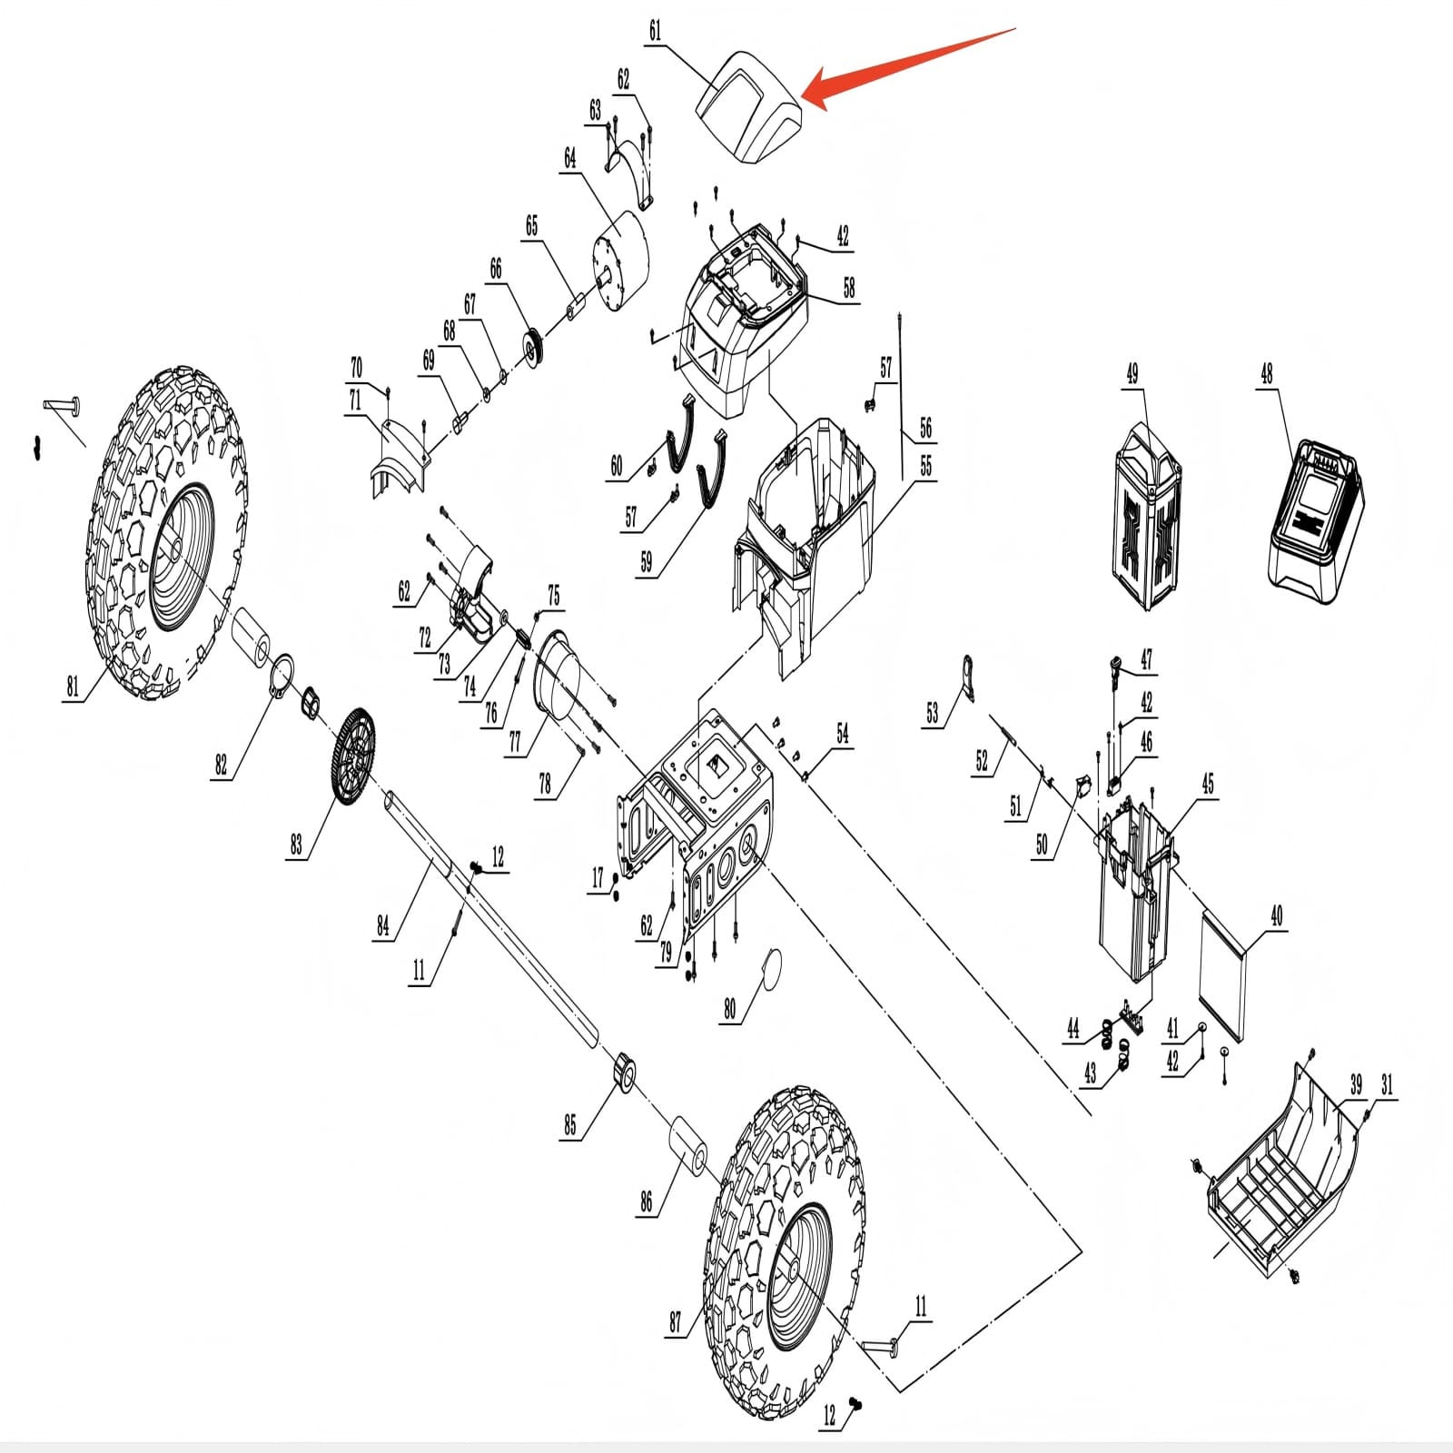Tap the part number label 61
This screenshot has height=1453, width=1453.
click(656, 32)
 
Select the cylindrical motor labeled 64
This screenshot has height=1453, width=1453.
click(624, 253)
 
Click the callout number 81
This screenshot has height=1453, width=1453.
click(73, 687)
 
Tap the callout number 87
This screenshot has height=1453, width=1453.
click(675, 1322)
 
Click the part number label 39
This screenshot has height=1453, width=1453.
click(1355, 1084)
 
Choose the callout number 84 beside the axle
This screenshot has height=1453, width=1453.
click(383, 925)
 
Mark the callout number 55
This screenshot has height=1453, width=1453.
click(925, 467)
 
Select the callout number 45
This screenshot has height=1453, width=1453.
click(1207, 784)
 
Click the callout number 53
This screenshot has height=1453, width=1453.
click(933, 713)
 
